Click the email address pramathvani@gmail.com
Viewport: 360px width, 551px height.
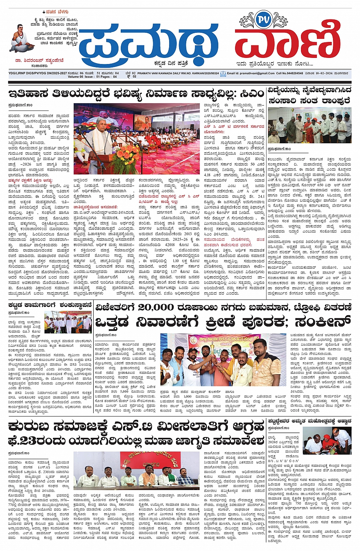[x=258, y=73]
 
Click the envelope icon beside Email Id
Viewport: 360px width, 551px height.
[x=223, y=74]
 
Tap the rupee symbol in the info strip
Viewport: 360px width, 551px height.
[x=129, y=77]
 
